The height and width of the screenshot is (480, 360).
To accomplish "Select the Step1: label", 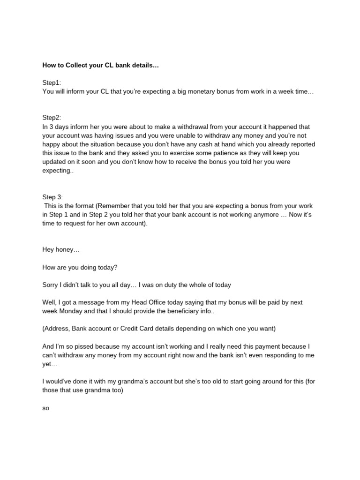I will [52, 82].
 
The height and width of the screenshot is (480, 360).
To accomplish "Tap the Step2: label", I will [52, 118].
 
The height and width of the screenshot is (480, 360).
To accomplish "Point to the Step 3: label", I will [52, 197].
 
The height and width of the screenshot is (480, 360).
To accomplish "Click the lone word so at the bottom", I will [45, 408].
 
